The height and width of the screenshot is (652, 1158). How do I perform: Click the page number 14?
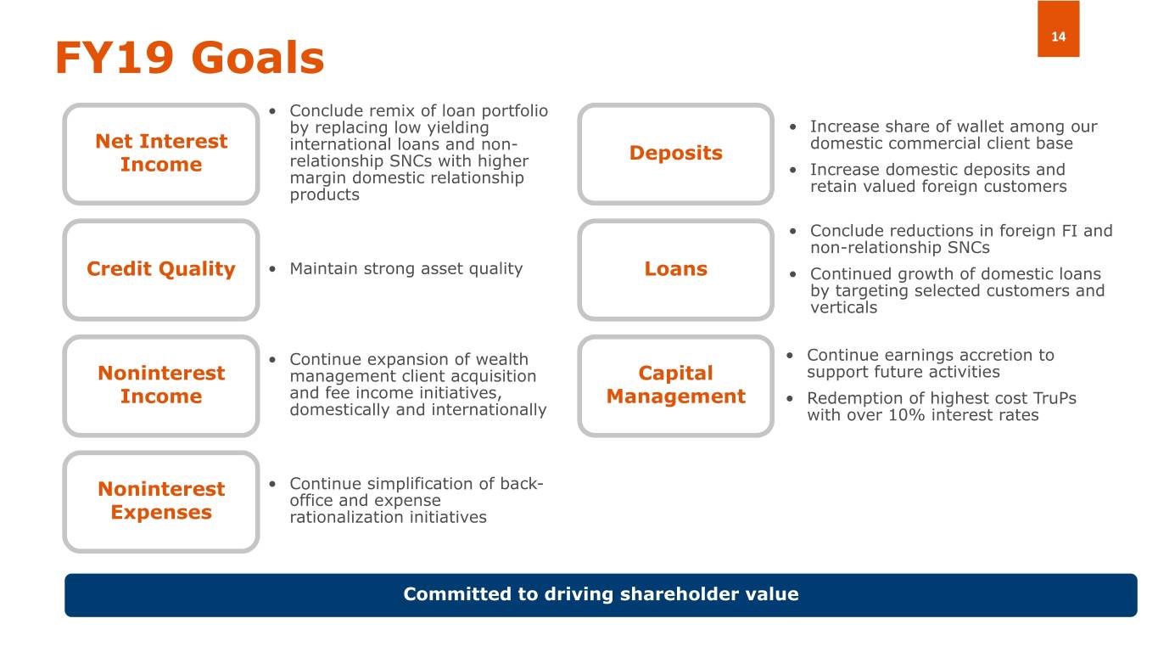point(1058,37)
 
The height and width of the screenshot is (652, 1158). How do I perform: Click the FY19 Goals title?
point(190,58)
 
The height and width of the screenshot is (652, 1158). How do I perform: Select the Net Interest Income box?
point(161,154)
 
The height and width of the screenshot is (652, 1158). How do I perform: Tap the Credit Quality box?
point(161,270)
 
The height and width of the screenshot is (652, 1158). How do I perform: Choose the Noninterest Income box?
point(161,385)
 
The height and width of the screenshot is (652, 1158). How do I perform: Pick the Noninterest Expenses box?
point(161,502)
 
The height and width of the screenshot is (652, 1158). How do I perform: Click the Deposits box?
point(675,154)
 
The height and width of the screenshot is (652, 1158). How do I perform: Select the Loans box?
point(675,270)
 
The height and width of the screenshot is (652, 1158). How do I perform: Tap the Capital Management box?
point(675,385)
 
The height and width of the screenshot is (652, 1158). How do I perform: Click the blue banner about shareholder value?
point(601,595)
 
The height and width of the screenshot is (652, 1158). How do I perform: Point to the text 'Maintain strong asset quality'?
point(406,269)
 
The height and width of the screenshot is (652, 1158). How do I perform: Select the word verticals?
point(843,308)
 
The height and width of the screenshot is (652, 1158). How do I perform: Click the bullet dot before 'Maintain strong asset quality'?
point(272,269)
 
